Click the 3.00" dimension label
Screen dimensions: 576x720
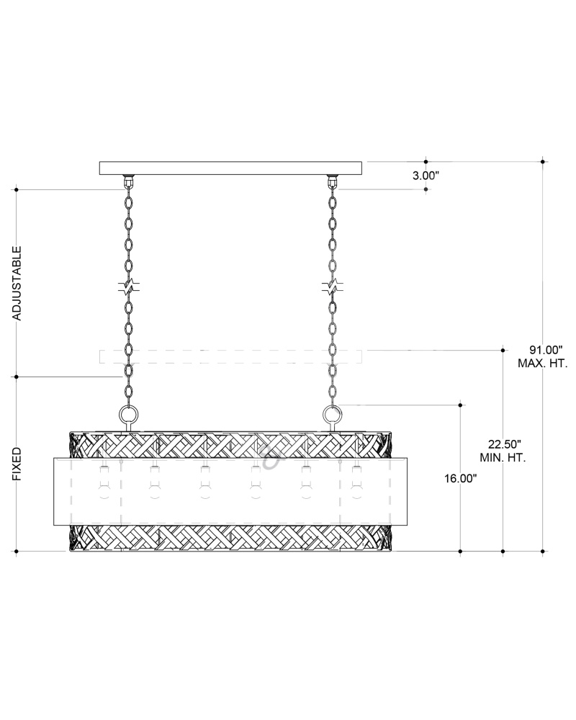(x=426, y=176)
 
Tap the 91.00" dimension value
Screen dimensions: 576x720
(x=542, y=350)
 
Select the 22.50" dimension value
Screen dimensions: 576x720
(x=503, y=444)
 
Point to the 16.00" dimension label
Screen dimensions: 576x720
(x=460, y=479)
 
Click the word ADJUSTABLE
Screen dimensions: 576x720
(x=17, y=283)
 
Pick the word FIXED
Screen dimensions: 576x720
(x=17, y=464)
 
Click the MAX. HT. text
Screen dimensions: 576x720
(x=542, y=364)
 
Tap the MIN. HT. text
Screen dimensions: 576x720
(x=503, y=458)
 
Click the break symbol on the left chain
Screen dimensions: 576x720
(x=129, y=287)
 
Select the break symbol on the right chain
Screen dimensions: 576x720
(x=331, y=287)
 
